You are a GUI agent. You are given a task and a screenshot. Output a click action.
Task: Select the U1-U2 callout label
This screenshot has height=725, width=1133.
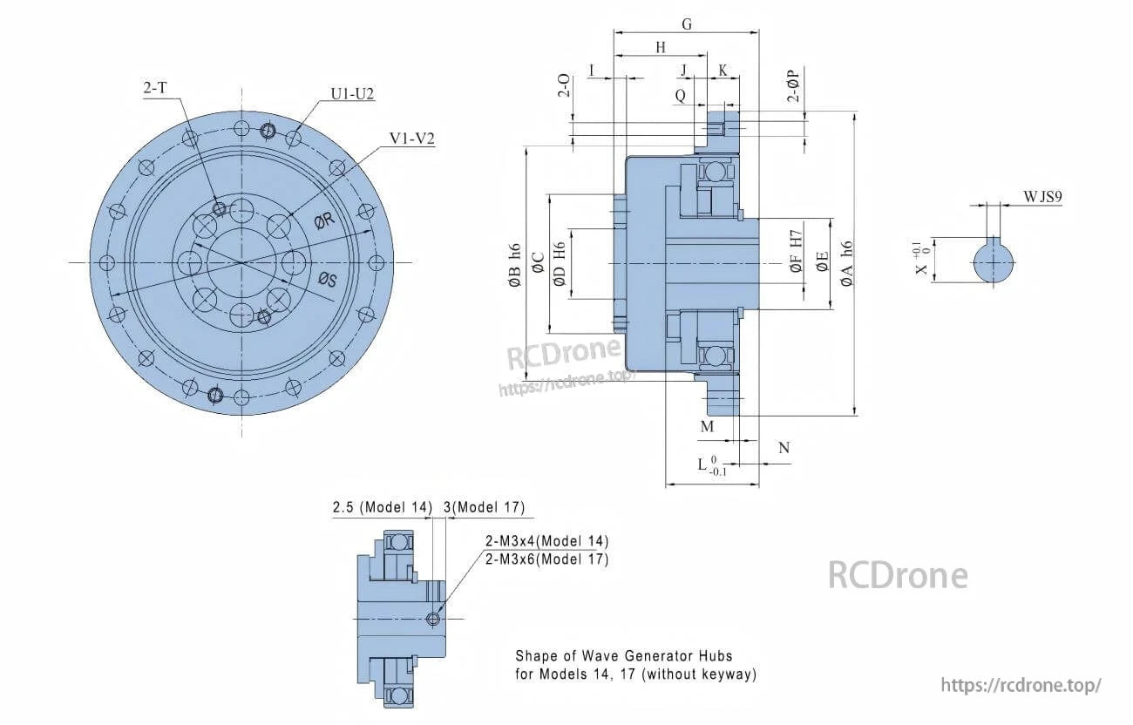[352, 94]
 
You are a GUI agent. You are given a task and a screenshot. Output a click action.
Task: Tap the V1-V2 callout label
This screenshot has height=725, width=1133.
[412, 139]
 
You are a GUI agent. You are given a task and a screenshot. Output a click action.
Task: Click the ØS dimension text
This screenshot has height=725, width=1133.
[329, 279]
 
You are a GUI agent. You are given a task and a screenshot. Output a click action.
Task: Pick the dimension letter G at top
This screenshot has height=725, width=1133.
[687, 24]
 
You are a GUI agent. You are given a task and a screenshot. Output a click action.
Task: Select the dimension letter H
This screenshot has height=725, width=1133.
[660, 47]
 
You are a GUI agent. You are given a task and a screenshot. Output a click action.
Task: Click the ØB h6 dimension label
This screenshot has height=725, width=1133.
[514, 265]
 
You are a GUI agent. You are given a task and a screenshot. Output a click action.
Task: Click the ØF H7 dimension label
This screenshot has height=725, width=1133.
[795, 253]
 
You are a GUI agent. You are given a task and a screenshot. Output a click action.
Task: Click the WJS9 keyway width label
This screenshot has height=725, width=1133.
[1043, 198]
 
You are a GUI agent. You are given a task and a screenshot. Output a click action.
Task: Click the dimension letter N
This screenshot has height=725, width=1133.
[784, 448]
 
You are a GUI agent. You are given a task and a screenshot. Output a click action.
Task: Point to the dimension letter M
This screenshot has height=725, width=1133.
[707, 426]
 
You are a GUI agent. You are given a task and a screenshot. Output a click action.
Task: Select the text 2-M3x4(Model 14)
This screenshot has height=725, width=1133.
[546, 541]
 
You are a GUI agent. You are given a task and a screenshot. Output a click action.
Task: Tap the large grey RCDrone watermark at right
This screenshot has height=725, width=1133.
[897, 575]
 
